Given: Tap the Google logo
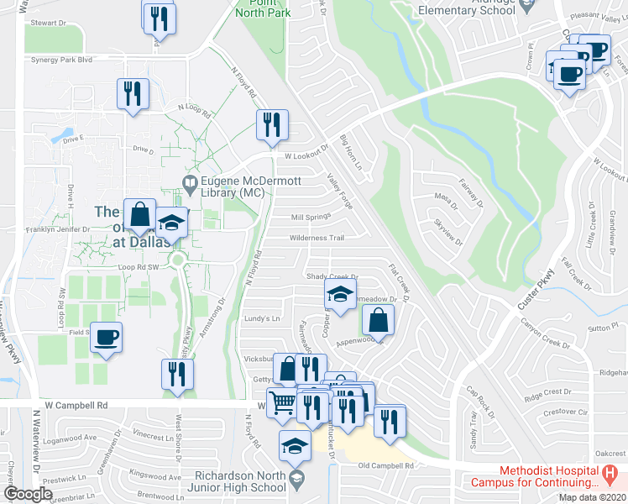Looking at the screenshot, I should click(29, 493).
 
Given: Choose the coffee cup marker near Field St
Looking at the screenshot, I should click(106, 338).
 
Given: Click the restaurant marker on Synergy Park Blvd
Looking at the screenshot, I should click(132, 94).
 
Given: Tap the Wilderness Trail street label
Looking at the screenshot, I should click(317, 238).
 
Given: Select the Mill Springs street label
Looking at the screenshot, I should click(309, 217).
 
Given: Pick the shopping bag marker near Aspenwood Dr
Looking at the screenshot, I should click(378, 319).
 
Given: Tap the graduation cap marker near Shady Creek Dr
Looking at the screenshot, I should click(339, 294).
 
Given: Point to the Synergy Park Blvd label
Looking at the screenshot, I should click(60, 60).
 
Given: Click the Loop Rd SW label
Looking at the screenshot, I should click(138, 267).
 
